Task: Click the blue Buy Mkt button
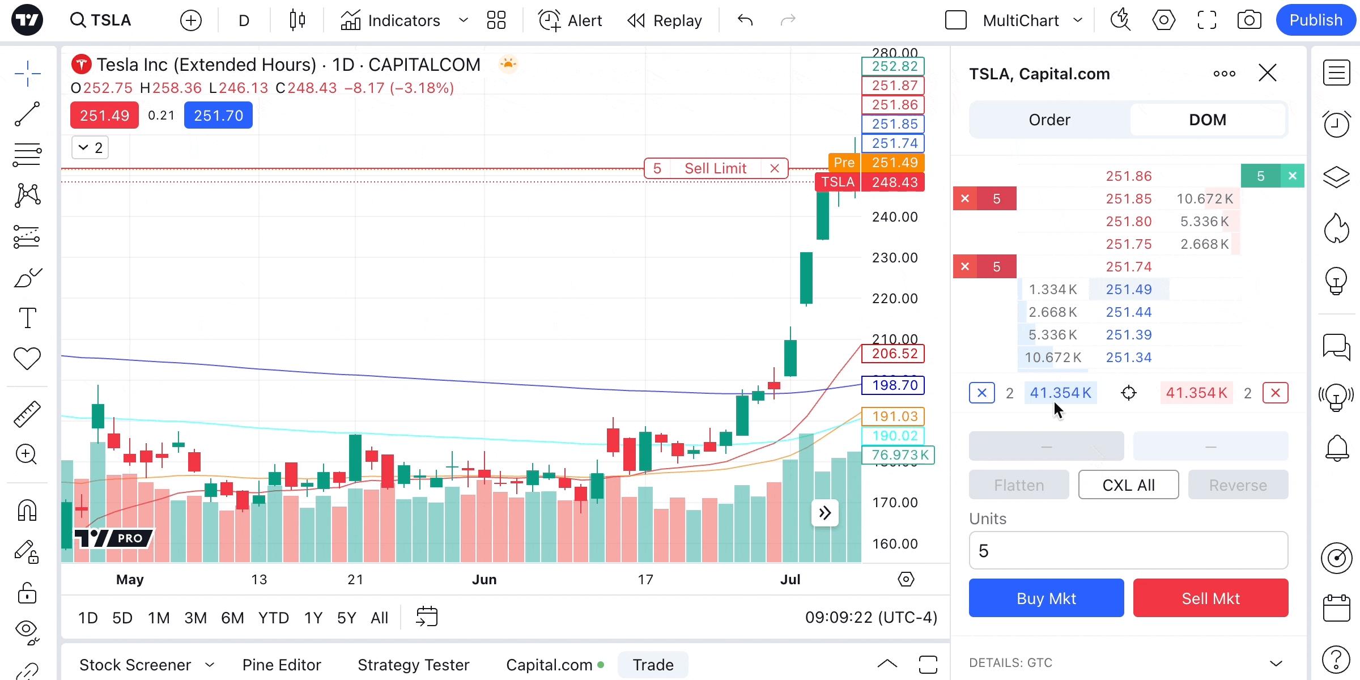pos(1046,598)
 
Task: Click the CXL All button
pos(1128,485)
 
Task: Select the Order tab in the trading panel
pos(1049,120)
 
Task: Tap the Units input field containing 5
pos(1128,550)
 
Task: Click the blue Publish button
pos(1315,20)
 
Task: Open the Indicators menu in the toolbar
pos(391,21)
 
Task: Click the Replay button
pos(665,21)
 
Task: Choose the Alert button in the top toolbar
pos(570,21)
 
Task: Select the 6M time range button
pos(232,617)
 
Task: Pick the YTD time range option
pos(273,617)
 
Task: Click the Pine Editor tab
pos(282,664)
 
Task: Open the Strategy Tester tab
pos(414,664)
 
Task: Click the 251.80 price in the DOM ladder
pos(1129,222)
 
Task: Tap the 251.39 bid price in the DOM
pos(1129,335)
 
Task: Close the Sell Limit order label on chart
pos(775,168)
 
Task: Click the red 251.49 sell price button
pos(104,116)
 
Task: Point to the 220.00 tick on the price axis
pos(895,299)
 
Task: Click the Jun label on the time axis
pos(484,579)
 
